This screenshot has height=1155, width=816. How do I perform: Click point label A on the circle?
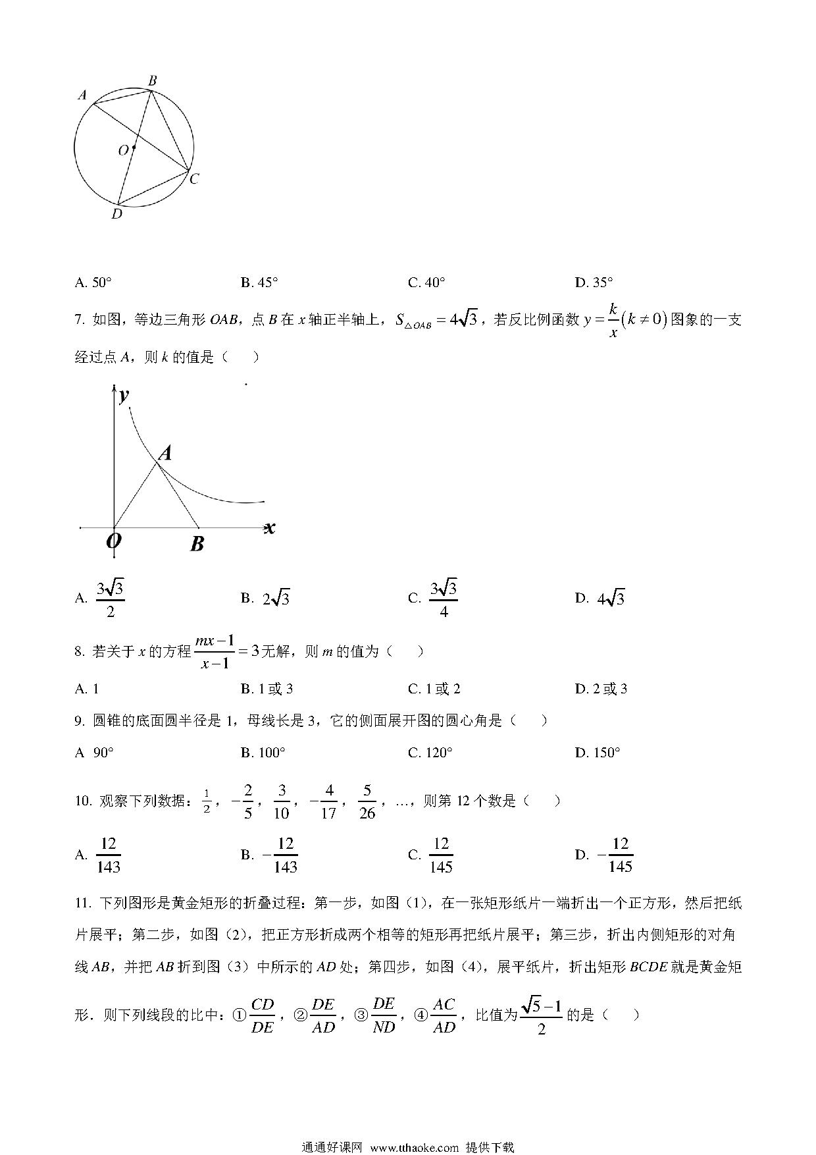click(x=82, y=95)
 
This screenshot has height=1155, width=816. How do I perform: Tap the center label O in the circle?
click(x=123, y=151)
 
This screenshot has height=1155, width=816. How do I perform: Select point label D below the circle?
click(x=116, y=214)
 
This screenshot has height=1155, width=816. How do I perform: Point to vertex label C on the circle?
click(x=193, y=179)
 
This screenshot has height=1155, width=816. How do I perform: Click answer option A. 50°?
click(x=93, y=282)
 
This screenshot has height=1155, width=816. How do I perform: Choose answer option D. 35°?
click(x=594, y=282)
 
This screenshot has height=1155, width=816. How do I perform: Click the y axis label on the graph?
click(x=123, y=395)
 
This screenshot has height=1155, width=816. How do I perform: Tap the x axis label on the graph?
click(x=269, y=527)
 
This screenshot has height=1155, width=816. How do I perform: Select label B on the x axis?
click(x=197, y=544)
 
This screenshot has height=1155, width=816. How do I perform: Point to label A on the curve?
click(x=166, y=453)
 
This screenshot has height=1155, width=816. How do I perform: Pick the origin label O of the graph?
click(x=113, y=541)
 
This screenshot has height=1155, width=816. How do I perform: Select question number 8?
click(x=80, y=652)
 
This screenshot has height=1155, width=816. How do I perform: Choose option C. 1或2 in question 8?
click(x=434, y=689)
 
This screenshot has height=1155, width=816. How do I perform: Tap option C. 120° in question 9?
click(x=430, y=753)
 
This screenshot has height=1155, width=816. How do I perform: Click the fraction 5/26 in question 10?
click(x=367, y=801)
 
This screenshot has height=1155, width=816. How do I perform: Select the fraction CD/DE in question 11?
click(x=263, y=1015)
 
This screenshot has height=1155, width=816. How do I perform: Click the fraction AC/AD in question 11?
click(x=444, y=1015)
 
